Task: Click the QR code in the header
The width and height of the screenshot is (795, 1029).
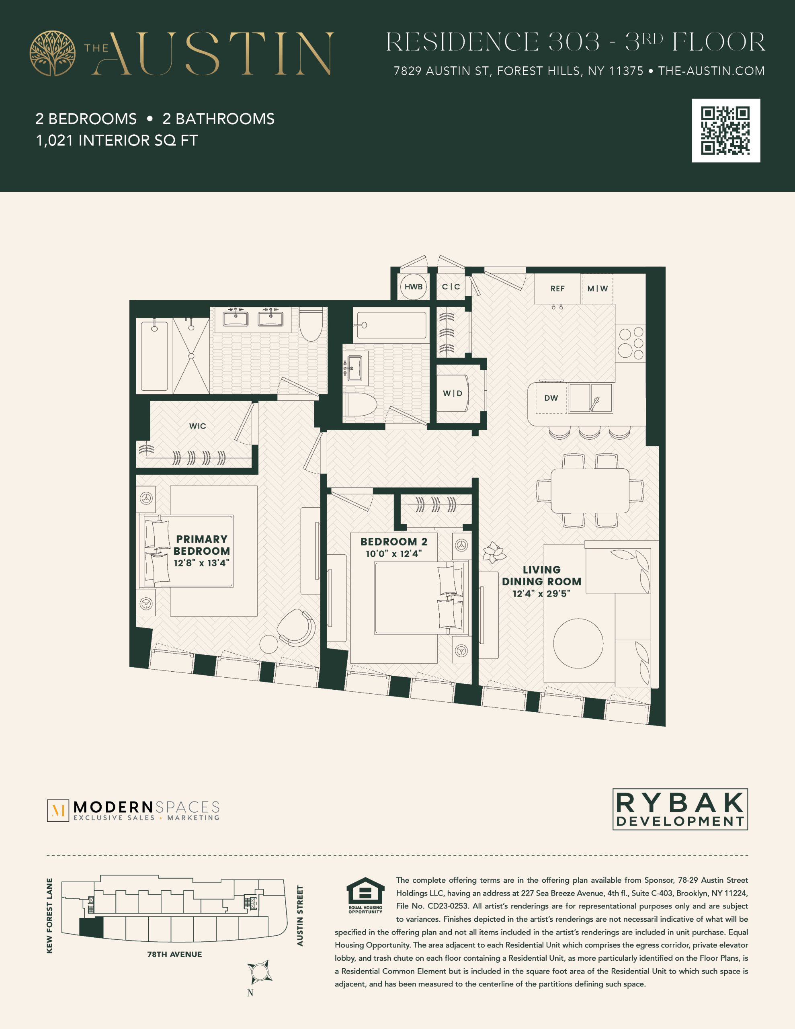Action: click(726, 131)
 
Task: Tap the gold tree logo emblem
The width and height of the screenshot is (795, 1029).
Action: click(52, 53)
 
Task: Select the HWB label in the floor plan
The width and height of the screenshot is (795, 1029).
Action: click(413, 287)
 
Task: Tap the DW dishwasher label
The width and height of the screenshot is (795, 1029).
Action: click(551, 398)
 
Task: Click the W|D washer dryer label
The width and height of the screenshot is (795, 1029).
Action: click(453, 394)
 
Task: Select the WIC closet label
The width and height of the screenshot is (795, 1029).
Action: click(197, 426)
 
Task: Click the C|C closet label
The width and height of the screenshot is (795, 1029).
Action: click(451, 287)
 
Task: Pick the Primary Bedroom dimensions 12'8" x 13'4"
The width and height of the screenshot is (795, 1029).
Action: click(202, 563)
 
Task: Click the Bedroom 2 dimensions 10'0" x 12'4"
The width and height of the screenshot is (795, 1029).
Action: click(394, 553)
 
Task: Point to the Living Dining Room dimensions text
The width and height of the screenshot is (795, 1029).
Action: click(541, 594)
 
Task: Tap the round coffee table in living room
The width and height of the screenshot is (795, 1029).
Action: click(578, 643)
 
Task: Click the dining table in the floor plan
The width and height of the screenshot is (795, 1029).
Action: click(590, 490)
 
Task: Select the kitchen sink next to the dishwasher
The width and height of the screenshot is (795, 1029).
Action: click(590, 398)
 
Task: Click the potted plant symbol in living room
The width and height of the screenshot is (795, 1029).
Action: click(494, 552)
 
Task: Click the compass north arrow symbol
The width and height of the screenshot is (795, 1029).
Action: click(259, 972)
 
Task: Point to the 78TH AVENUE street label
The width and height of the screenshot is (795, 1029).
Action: click(174, 955)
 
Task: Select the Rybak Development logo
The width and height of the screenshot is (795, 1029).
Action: click(680, 810)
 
